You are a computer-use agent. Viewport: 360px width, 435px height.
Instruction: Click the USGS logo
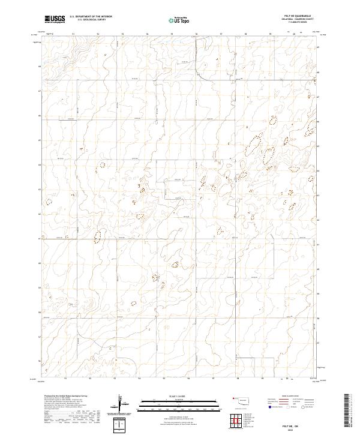(55, 19)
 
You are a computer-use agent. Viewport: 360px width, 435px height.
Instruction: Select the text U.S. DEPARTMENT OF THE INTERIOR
(91, 16)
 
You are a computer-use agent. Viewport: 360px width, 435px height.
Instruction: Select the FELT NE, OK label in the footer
(303, 425)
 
